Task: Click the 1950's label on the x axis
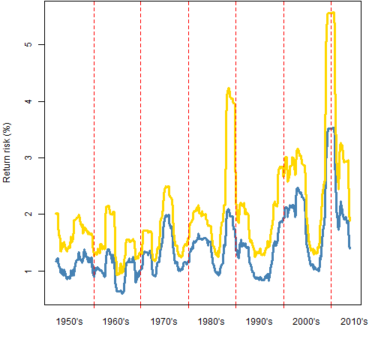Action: pos(69,322)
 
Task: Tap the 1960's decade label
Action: pos(115,322)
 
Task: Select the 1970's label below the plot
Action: pos(163,322)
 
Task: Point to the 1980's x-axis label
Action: pos(211,322)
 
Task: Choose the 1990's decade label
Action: pos(259,322)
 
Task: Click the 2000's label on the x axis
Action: pos(306,322)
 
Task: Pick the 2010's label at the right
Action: pos(354,322)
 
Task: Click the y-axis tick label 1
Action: pos(29,271)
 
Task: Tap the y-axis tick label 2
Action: pos(29,214)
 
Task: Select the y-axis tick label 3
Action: pos(29,157)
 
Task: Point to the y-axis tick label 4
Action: pos(29,101)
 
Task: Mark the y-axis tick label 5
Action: pos(29,44)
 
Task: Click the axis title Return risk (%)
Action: pos(7,152)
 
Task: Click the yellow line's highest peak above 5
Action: pos(331,13)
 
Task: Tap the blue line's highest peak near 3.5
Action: pos(331,128)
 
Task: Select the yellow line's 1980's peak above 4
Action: pos(229,88)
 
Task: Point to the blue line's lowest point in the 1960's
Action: pos(122,293)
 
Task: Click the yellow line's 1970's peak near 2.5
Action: pos(167,187)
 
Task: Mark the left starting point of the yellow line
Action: pos(55,213)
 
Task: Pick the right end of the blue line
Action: pos(350,248)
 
